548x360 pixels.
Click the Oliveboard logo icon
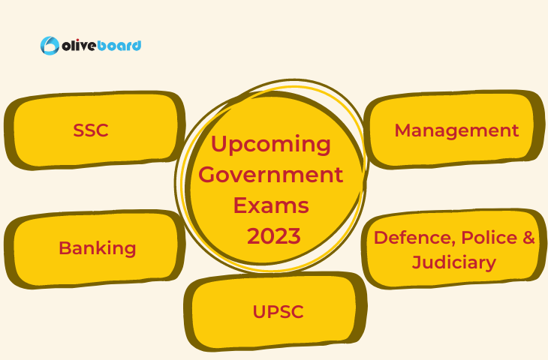tap(50, 46)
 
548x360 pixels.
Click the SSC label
tap(91, 130)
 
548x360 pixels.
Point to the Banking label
tap(97, 248)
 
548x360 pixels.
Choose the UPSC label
tap(279, 311)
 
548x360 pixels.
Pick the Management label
tap(456, 130)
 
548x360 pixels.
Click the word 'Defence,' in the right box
tap(415, 238)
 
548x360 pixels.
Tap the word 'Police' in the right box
tap(489, 238)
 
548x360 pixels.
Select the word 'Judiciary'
tap(454, 262)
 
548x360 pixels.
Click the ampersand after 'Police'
tap(528, 238)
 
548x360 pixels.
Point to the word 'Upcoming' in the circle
tap(271, 145)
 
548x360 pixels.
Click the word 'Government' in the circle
tap(271, 174)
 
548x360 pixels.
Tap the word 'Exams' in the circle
tap(271, 205)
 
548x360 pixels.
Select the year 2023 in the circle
tap(274, 236)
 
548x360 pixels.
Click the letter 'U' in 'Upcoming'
tap(218, 142)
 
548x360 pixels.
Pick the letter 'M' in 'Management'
tap(403, 130)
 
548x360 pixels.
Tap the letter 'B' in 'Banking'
tap(65, 248)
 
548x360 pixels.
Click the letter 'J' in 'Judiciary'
tap(417, 262)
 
